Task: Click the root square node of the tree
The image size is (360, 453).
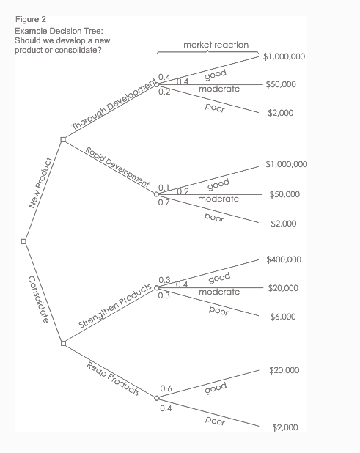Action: pyautogui.click(x=23, y=240)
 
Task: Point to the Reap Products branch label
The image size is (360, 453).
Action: pyautogui.click(x=113, y=378)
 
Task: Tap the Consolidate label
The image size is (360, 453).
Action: pyautogui.click(x=39, y=298)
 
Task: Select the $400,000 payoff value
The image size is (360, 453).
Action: pyautogui.click(x=284, y=259)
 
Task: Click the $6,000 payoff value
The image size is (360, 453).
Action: pyautogui.click(x=283, y=317)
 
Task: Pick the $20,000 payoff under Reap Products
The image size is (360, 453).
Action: pyautogui.click(x=284, y=370)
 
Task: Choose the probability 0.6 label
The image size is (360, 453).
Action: pyautogui.click(x=166, y=388)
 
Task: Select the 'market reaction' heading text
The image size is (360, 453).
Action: pyautogui.click(x=216, y=45)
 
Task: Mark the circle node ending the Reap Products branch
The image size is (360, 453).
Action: pyautogui.click(x=156, y=399)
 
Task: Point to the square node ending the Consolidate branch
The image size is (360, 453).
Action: pyautogui.click(x=64, y=342)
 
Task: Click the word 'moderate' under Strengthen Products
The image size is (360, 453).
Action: pyautogui.click(x=219, y=292)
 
